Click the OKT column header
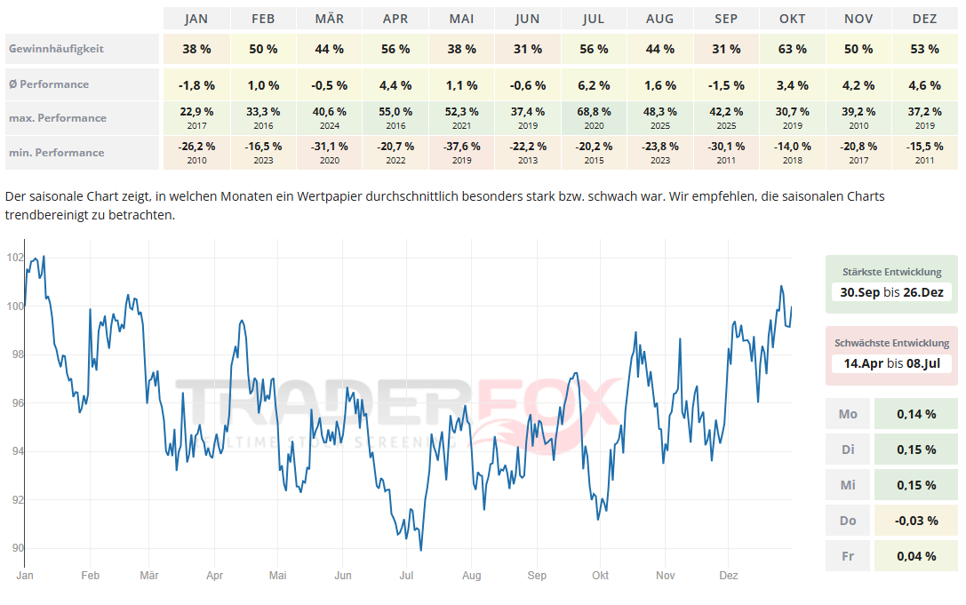point(793,19)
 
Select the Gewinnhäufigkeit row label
point(56,49)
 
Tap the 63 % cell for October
point(793,49)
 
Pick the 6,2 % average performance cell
point(594,85)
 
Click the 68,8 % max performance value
point(594,112)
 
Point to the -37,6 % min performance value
point(461,146)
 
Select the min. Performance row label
point(57,152)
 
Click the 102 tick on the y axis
point(14,258)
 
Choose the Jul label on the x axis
point(406,576)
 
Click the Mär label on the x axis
point(149,576)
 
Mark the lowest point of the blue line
point(420,550)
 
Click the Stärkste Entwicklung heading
point(891,272)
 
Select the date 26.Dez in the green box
point(923,291)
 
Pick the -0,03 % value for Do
point(917,521)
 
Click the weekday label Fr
point(848,556)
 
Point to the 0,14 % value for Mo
point(917,414)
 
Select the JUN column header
point(528,19)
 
